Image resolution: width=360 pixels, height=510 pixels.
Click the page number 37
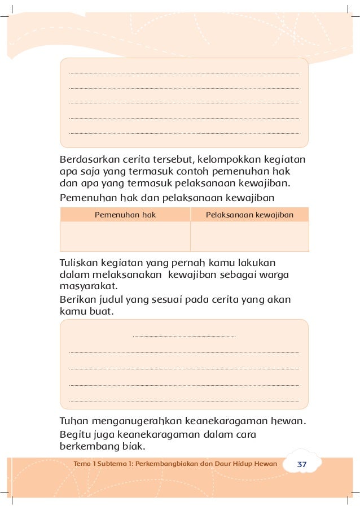point(301,464)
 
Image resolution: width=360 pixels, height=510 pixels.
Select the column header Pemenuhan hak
point(125,215)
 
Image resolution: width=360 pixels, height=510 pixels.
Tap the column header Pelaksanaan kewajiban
point(249,215)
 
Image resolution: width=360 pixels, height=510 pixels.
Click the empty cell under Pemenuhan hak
point(125,236)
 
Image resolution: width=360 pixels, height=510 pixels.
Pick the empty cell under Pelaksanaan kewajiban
point(249,236)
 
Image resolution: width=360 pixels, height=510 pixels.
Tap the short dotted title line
point(184,337)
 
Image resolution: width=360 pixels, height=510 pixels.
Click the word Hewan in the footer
point(265,464)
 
